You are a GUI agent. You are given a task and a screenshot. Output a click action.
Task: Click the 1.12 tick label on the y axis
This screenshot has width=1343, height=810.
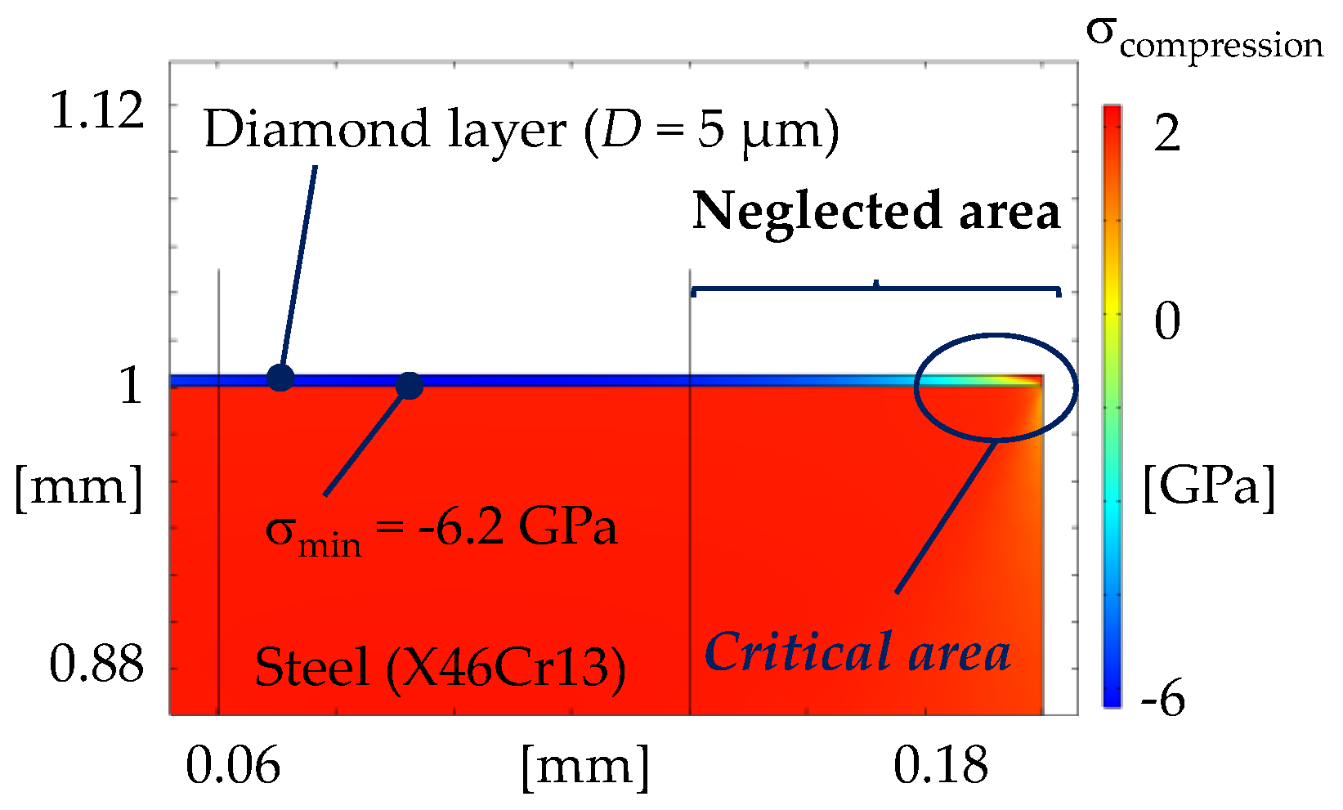[x=96, y=110]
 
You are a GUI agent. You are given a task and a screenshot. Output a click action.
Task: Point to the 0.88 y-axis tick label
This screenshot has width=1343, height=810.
[x=96, y=664]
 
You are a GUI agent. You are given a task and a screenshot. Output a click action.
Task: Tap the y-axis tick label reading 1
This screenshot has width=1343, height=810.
[x=131, y=385]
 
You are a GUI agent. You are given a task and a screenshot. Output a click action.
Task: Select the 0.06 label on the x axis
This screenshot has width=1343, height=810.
[x=233, y=766]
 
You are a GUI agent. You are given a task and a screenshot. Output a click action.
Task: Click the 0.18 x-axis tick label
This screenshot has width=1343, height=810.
[x=940, y=766]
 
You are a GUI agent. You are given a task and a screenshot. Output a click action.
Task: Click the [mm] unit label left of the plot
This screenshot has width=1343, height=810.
[x=78, y=487]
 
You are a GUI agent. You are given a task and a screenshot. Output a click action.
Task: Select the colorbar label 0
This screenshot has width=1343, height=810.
[x=1167, y=320]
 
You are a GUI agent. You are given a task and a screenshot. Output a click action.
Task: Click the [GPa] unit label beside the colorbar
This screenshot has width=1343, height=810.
[x=1208, y=488]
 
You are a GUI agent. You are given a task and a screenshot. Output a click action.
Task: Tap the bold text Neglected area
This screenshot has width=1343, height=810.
[x=876, y=211]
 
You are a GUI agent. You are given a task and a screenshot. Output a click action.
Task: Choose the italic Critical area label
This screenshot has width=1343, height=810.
[x=857, y=652]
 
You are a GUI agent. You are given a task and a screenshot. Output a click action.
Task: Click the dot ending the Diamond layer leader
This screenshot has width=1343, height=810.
[x=280, y=378]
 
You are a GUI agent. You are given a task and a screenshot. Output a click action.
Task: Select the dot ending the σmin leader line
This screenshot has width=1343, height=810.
[x=409, y=386]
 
